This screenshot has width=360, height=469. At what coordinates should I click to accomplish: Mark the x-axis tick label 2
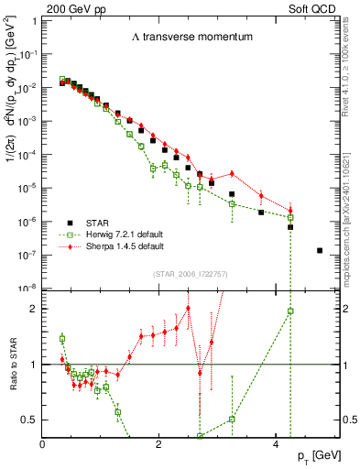(159, 444)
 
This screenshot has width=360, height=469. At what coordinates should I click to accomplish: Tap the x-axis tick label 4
(276, 444)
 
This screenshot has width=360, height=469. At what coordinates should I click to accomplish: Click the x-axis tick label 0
(43, 444)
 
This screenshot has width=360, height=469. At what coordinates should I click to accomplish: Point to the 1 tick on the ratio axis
(35, 365)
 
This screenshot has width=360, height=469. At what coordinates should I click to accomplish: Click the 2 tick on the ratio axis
(35, 309)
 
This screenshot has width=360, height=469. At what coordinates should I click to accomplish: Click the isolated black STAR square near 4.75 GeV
(319, 250)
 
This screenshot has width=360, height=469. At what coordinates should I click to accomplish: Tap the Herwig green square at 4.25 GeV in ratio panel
(289, 311)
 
